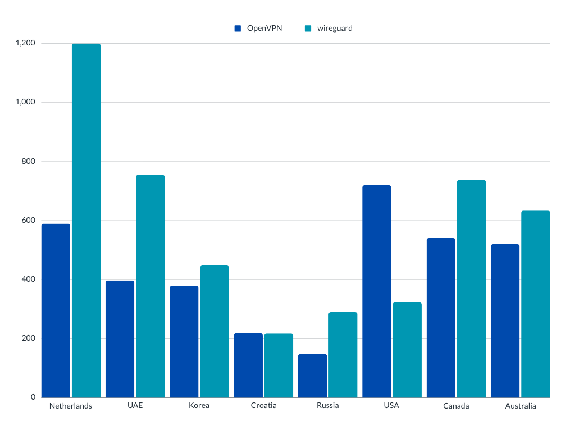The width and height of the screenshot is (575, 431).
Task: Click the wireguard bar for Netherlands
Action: [x=86, y=221]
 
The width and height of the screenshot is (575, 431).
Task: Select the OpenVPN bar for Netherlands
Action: [x=56, y=310]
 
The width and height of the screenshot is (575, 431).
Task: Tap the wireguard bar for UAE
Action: [x=150, y=286]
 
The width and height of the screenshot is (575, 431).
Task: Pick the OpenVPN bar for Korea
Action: [x=184, y=342]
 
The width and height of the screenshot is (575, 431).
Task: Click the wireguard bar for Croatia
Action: [x=279, y=365]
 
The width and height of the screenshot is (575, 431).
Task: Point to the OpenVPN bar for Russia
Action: [x=312, y=375]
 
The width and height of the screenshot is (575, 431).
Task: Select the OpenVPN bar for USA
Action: [x=377, y=291]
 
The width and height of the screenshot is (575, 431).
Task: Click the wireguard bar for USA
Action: [x=407, y=350]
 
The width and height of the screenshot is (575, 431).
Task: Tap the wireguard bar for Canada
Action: [x=471, y=288]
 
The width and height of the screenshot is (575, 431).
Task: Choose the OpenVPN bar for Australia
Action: [x=505, y=320]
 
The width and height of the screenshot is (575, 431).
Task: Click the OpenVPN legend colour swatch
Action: [x=238, y=28]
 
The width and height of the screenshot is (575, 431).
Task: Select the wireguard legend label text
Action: [x=335, y=28]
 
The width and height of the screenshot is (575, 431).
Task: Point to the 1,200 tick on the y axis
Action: [x=26, y=43]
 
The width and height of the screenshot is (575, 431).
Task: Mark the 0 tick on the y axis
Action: [x=33, y=397]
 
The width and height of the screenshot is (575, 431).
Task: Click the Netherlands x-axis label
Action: [x=71, y=406]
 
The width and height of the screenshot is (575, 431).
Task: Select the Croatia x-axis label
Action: [x=263, y=405]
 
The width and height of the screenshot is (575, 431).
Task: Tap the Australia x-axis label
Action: [x=521, y=406]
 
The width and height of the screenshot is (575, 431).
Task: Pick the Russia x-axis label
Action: [x=327, y=405]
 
